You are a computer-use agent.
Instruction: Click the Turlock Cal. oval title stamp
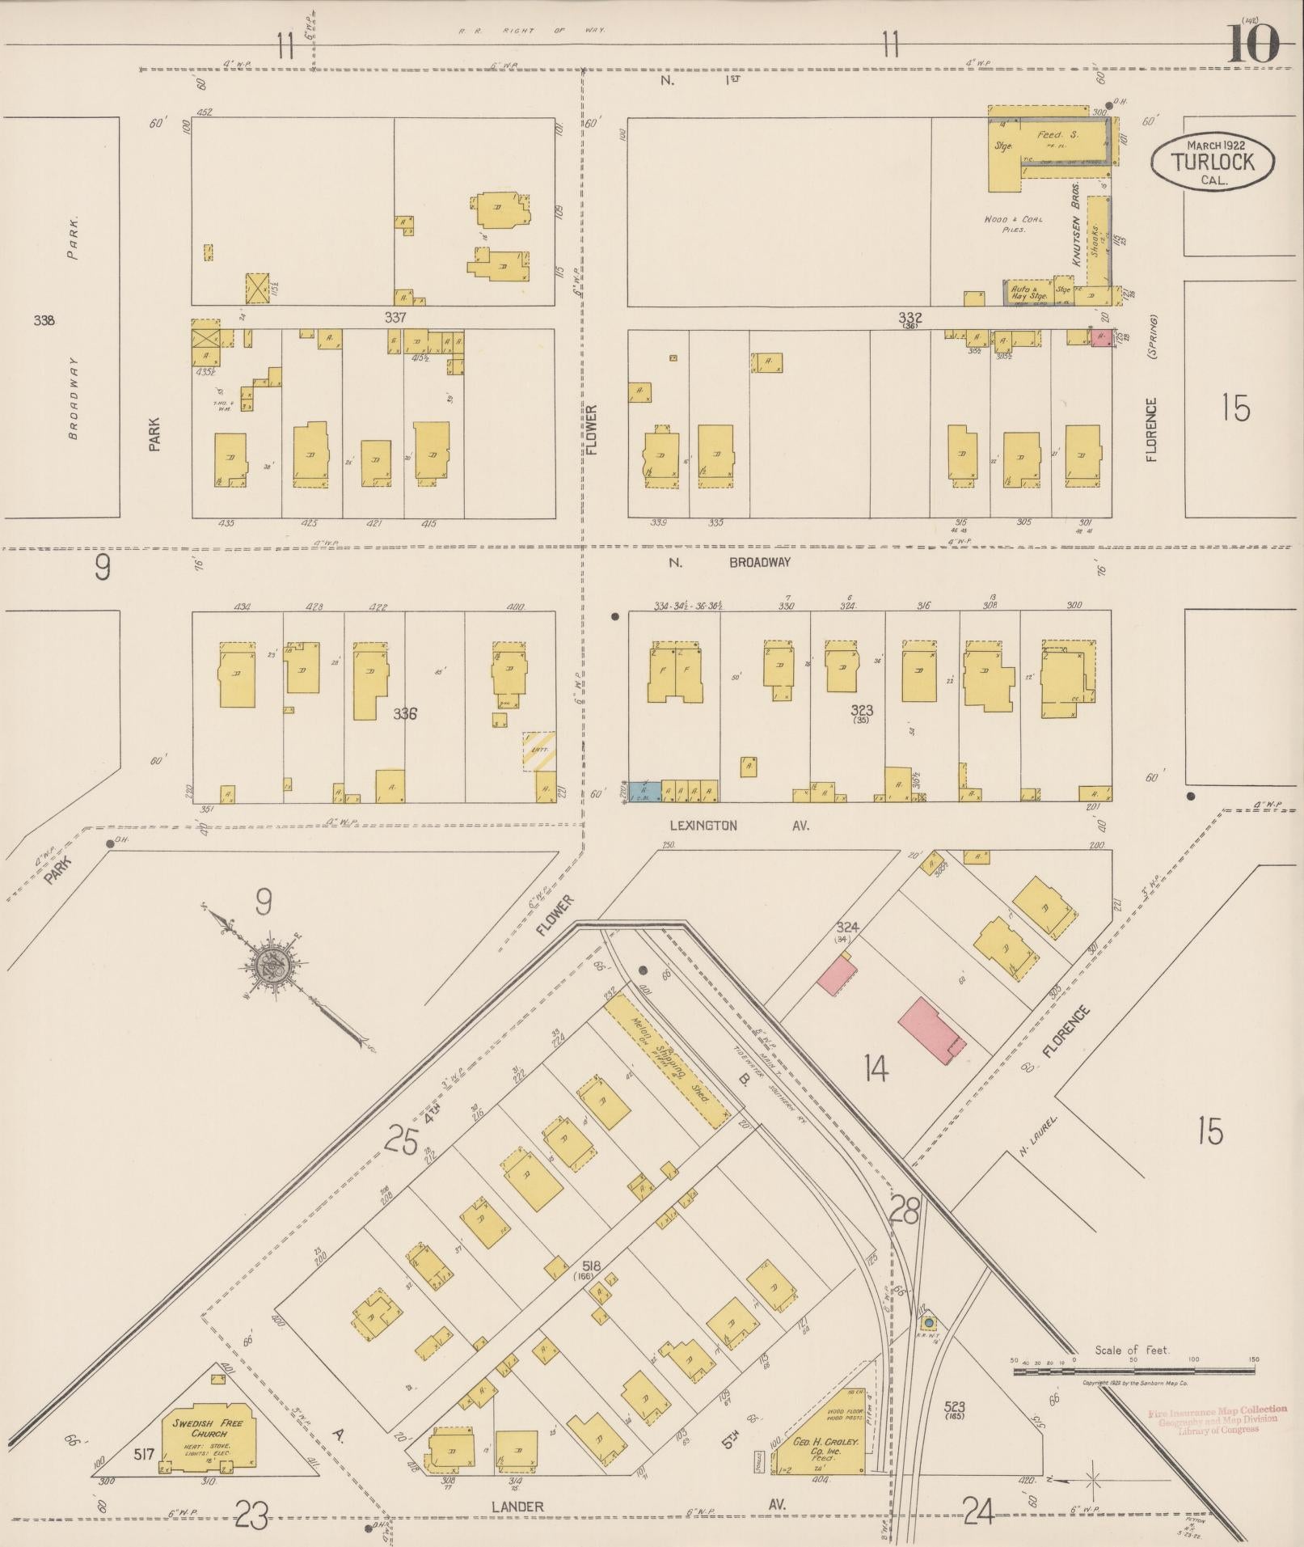coord(1213,162)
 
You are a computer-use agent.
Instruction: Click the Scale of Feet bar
coord(1132,1371)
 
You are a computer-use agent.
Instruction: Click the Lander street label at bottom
coord(517,1507)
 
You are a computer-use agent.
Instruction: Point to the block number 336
coord(404,713)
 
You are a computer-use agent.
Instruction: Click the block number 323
coord(862,710)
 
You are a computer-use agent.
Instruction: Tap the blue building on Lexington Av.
coord(644,791)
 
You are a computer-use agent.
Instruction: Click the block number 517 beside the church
coord(144,1454)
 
